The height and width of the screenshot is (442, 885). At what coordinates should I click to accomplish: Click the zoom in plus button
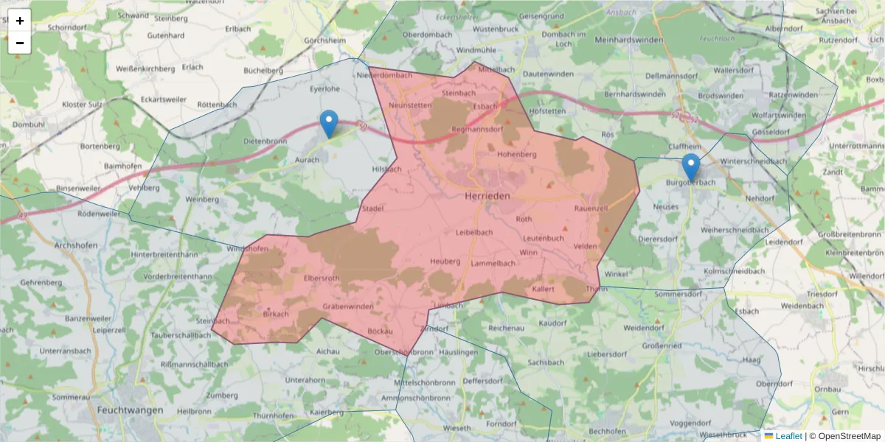click(20, 21)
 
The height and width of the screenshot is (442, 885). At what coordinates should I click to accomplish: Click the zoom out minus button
click(20, 43)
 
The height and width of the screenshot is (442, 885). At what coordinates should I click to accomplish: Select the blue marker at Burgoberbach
click(690, 168)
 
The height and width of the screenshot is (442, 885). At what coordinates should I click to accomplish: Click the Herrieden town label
click(489, 197)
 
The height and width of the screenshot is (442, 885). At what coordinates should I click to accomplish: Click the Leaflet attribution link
click(788, 436)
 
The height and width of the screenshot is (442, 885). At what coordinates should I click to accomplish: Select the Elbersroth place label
click(322, 278)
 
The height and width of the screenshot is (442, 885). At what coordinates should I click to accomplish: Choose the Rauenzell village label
click(591, 208)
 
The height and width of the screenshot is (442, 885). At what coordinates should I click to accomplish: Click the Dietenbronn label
click(265, 141)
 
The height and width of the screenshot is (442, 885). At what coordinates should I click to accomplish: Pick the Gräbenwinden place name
click(348, 306)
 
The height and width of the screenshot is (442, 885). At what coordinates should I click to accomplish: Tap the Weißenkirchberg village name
click(145, 69)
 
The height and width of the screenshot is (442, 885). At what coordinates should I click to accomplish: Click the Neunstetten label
click(409, 105)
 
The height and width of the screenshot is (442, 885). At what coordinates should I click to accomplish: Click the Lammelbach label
click(493, 263)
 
